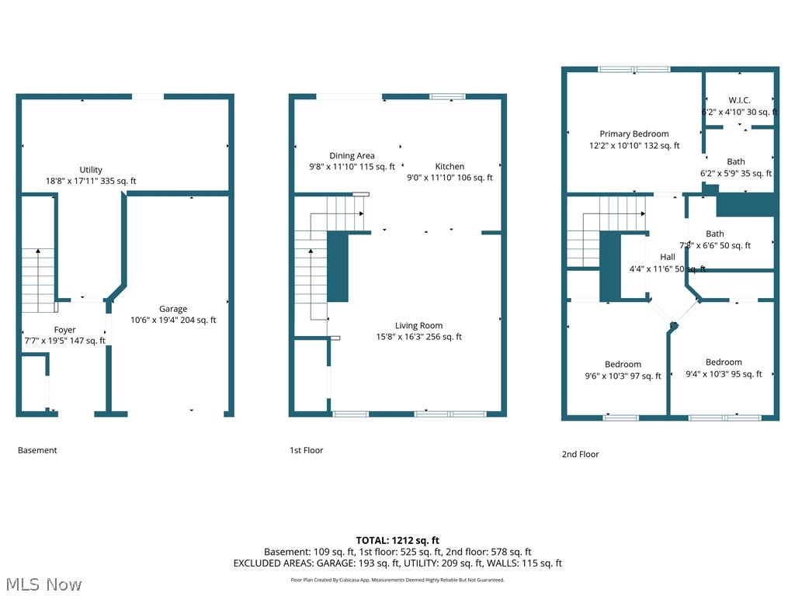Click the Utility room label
coord(91,170)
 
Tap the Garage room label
coord(173,309)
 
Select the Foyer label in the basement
coord(65,330)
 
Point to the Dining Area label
coord(352,156)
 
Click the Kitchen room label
coord(450,166)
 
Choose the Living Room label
coord(418,326)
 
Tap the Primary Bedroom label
coord(634,134)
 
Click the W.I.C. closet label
coord(739,100)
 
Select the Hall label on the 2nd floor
coord(667,257)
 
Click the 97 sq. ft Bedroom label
coord(623,365)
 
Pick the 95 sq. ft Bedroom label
coord(724,362)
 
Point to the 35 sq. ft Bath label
coord(735,162)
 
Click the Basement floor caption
coord(37,450)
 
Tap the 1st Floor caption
coord(307,450)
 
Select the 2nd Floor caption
coord(580,454)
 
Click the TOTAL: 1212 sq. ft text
coord(397,540)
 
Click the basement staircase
coord(37,279)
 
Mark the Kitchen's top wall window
coord(447,96)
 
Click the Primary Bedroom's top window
coord(634,70)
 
